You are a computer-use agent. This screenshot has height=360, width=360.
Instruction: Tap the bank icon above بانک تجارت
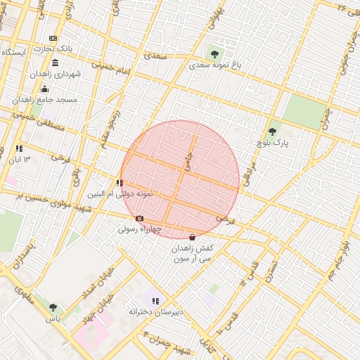click(x=53, y=38)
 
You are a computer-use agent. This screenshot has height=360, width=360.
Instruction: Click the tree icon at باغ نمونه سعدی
click(x=214, y=53)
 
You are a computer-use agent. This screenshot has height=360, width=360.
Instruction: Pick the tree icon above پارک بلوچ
click(x=273, y=131)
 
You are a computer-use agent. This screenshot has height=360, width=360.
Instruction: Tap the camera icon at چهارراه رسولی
click(x=139, y=219)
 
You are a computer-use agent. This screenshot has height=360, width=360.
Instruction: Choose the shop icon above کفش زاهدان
click(x=193, y=238)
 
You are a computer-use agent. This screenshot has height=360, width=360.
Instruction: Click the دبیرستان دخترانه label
click(x=156, y=311)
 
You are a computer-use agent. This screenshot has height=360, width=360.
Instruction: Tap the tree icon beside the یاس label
click(x=53, y=307)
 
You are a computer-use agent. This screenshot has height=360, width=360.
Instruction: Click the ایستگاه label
click(x=15, y=53)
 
